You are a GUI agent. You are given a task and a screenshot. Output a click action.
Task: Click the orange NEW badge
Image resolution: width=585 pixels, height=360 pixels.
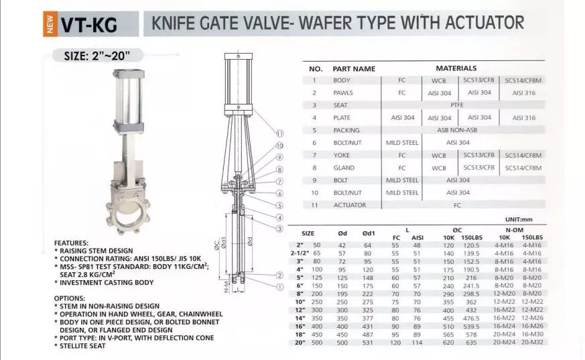point(50,24)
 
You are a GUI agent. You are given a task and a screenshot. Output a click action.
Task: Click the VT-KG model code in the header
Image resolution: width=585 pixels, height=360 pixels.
point(89,25)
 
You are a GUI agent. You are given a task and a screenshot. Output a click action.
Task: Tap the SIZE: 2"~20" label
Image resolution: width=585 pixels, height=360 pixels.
point(97,56)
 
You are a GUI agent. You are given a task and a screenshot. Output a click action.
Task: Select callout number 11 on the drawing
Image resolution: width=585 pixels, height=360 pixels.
point(280,133)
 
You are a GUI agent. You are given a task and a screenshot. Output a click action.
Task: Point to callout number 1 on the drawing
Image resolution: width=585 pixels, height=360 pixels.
point(280,287)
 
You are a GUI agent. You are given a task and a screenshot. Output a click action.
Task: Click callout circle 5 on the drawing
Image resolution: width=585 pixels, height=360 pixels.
point(280,206)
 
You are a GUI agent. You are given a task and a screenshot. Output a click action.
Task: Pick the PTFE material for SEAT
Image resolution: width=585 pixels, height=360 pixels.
point(457,105)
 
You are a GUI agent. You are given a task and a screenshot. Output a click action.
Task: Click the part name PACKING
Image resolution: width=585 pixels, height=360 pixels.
point(346,130)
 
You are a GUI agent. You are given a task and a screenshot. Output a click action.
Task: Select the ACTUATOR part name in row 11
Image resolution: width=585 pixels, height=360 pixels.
point(350,205)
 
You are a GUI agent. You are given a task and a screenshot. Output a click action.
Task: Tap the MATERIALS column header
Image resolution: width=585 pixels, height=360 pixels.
point(456,68)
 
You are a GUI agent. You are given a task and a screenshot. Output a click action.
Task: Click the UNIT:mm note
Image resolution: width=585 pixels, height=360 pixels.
point(519,219)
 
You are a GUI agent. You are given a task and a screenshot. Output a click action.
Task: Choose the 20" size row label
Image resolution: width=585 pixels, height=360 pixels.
point(300,343)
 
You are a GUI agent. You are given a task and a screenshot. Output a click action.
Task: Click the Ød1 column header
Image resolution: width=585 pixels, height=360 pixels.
point(369,233)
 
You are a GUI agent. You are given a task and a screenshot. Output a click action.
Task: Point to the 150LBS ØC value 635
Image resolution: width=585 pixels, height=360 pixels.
point(471,343)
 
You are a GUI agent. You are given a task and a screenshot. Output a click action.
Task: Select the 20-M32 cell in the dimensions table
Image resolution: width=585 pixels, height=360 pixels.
point(532,342)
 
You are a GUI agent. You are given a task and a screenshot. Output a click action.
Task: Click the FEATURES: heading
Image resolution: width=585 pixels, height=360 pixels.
point(71,243)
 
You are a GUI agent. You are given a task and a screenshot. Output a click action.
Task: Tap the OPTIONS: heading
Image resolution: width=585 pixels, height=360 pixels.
point(70,298)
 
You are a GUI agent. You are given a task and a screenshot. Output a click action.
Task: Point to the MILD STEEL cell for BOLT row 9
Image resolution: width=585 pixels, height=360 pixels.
point(402,180)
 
